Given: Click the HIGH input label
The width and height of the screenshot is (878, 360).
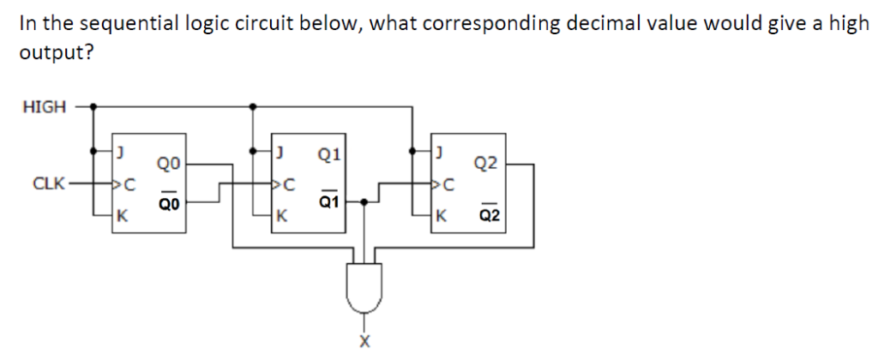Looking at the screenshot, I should click(44, 107).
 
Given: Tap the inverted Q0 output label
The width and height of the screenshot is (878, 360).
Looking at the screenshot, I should click(168, 202).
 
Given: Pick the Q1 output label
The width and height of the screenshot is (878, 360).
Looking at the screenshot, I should click(328, 155).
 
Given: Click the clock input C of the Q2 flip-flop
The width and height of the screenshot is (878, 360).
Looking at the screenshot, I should click(444, 183).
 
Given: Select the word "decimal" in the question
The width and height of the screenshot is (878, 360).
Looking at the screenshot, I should click(598, 23).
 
